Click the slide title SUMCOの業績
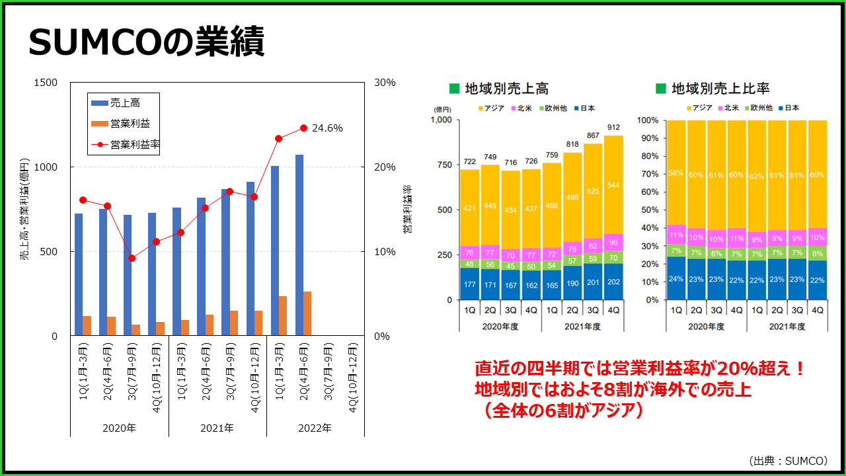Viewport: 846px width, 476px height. pos(146,43)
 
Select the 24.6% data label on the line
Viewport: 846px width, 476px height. pos(327,128)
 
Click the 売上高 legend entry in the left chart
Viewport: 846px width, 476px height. pos(125,102)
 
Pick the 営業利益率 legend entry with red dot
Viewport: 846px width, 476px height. pos(135,143)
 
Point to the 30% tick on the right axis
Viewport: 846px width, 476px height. pos(385,83)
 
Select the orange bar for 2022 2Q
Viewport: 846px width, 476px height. pos(307,313)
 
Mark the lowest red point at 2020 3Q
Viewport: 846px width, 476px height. pos(132,258)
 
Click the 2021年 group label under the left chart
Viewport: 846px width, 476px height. pos(217,428)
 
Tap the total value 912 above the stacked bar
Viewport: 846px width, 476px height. pos(613,128)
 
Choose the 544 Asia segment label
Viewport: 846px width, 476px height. pos(613,185)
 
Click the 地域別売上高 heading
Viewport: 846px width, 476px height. pos(506,89)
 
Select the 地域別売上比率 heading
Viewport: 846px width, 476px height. pos(720,89)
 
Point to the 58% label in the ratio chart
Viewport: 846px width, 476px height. pos(676,173)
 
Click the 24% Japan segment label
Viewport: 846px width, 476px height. pos(676,278)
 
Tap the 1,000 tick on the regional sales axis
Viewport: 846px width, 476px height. pos(440,120)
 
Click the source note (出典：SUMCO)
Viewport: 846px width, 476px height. pos(788,460)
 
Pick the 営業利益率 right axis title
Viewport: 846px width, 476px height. pos(407,209)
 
